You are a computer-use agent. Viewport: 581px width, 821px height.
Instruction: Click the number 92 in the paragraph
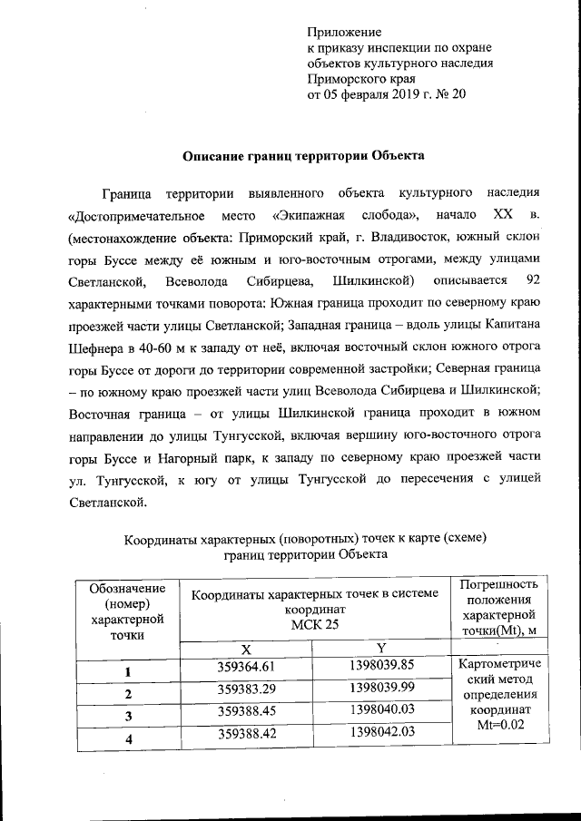pos(533,280)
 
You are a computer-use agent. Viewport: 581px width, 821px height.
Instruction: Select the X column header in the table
pos(245,650)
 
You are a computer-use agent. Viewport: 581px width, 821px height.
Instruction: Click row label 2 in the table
pos(128,694)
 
